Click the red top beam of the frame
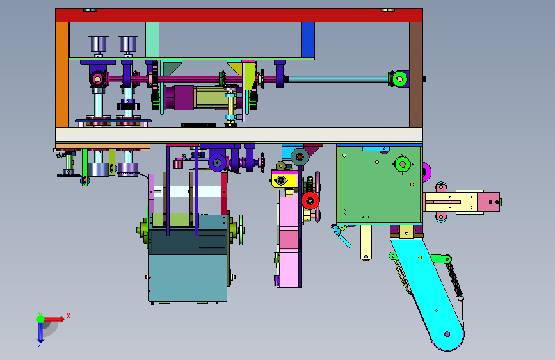[239, 15]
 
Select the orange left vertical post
[62, 75]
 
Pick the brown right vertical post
[416, 75]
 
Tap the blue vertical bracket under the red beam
[308, 40]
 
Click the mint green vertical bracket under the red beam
[152, 40]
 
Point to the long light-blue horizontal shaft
[339, 79]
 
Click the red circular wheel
[310, 201]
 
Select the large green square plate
[380, 184]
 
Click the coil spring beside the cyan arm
[455, 281]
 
